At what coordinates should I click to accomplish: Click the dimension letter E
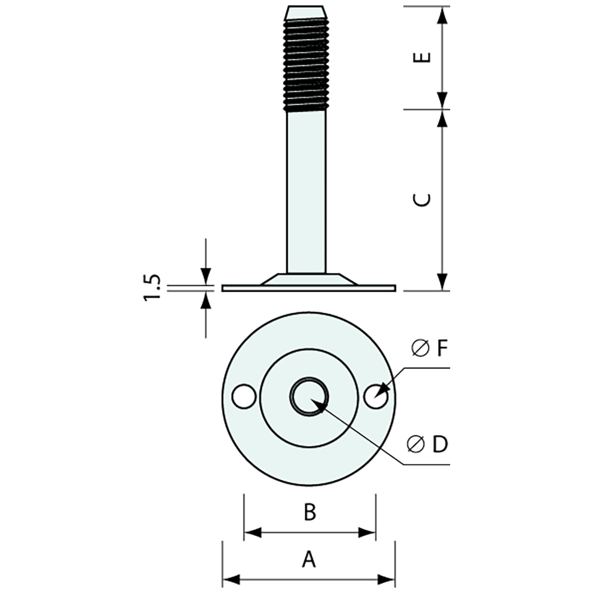pos(425,57)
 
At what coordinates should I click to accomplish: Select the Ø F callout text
pos(429,349)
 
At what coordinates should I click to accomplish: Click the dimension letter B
pos(309,513)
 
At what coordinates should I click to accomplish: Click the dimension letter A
pos(308,559)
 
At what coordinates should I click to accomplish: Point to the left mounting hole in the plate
pos(244,397)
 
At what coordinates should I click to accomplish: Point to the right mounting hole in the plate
pos(375,398)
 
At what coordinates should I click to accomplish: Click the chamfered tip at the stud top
pos(306,11)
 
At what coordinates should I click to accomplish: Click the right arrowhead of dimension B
pos(368,534)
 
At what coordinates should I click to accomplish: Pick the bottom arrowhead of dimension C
pos(442,282)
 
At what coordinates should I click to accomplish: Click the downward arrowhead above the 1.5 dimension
pos(205,275)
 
